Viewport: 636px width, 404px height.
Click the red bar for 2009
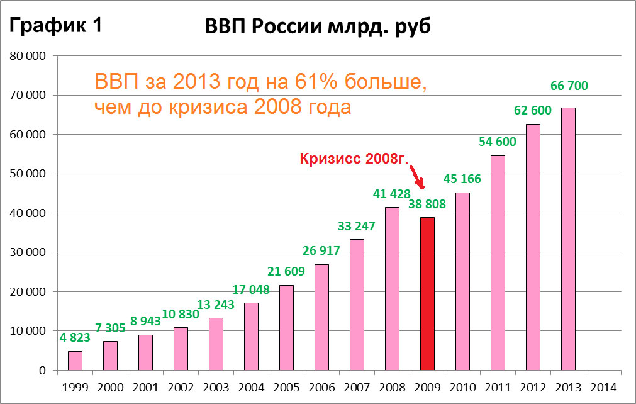point(427,294)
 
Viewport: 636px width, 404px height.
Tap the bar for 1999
point(75,361)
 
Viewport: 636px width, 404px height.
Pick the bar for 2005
point(286,328)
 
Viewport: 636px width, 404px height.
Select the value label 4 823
point(75,337)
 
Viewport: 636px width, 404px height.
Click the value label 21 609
point(286,272)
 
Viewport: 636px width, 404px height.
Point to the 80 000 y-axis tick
point(29,56)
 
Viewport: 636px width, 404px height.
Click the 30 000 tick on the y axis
point(29,252)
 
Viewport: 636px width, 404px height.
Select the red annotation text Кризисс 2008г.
point(353,159)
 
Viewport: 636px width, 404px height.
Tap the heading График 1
point(55,26)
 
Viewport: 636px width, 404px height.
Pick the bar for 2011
point(498,263)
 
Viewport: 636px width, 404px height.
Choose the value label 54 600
point(497,142)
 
